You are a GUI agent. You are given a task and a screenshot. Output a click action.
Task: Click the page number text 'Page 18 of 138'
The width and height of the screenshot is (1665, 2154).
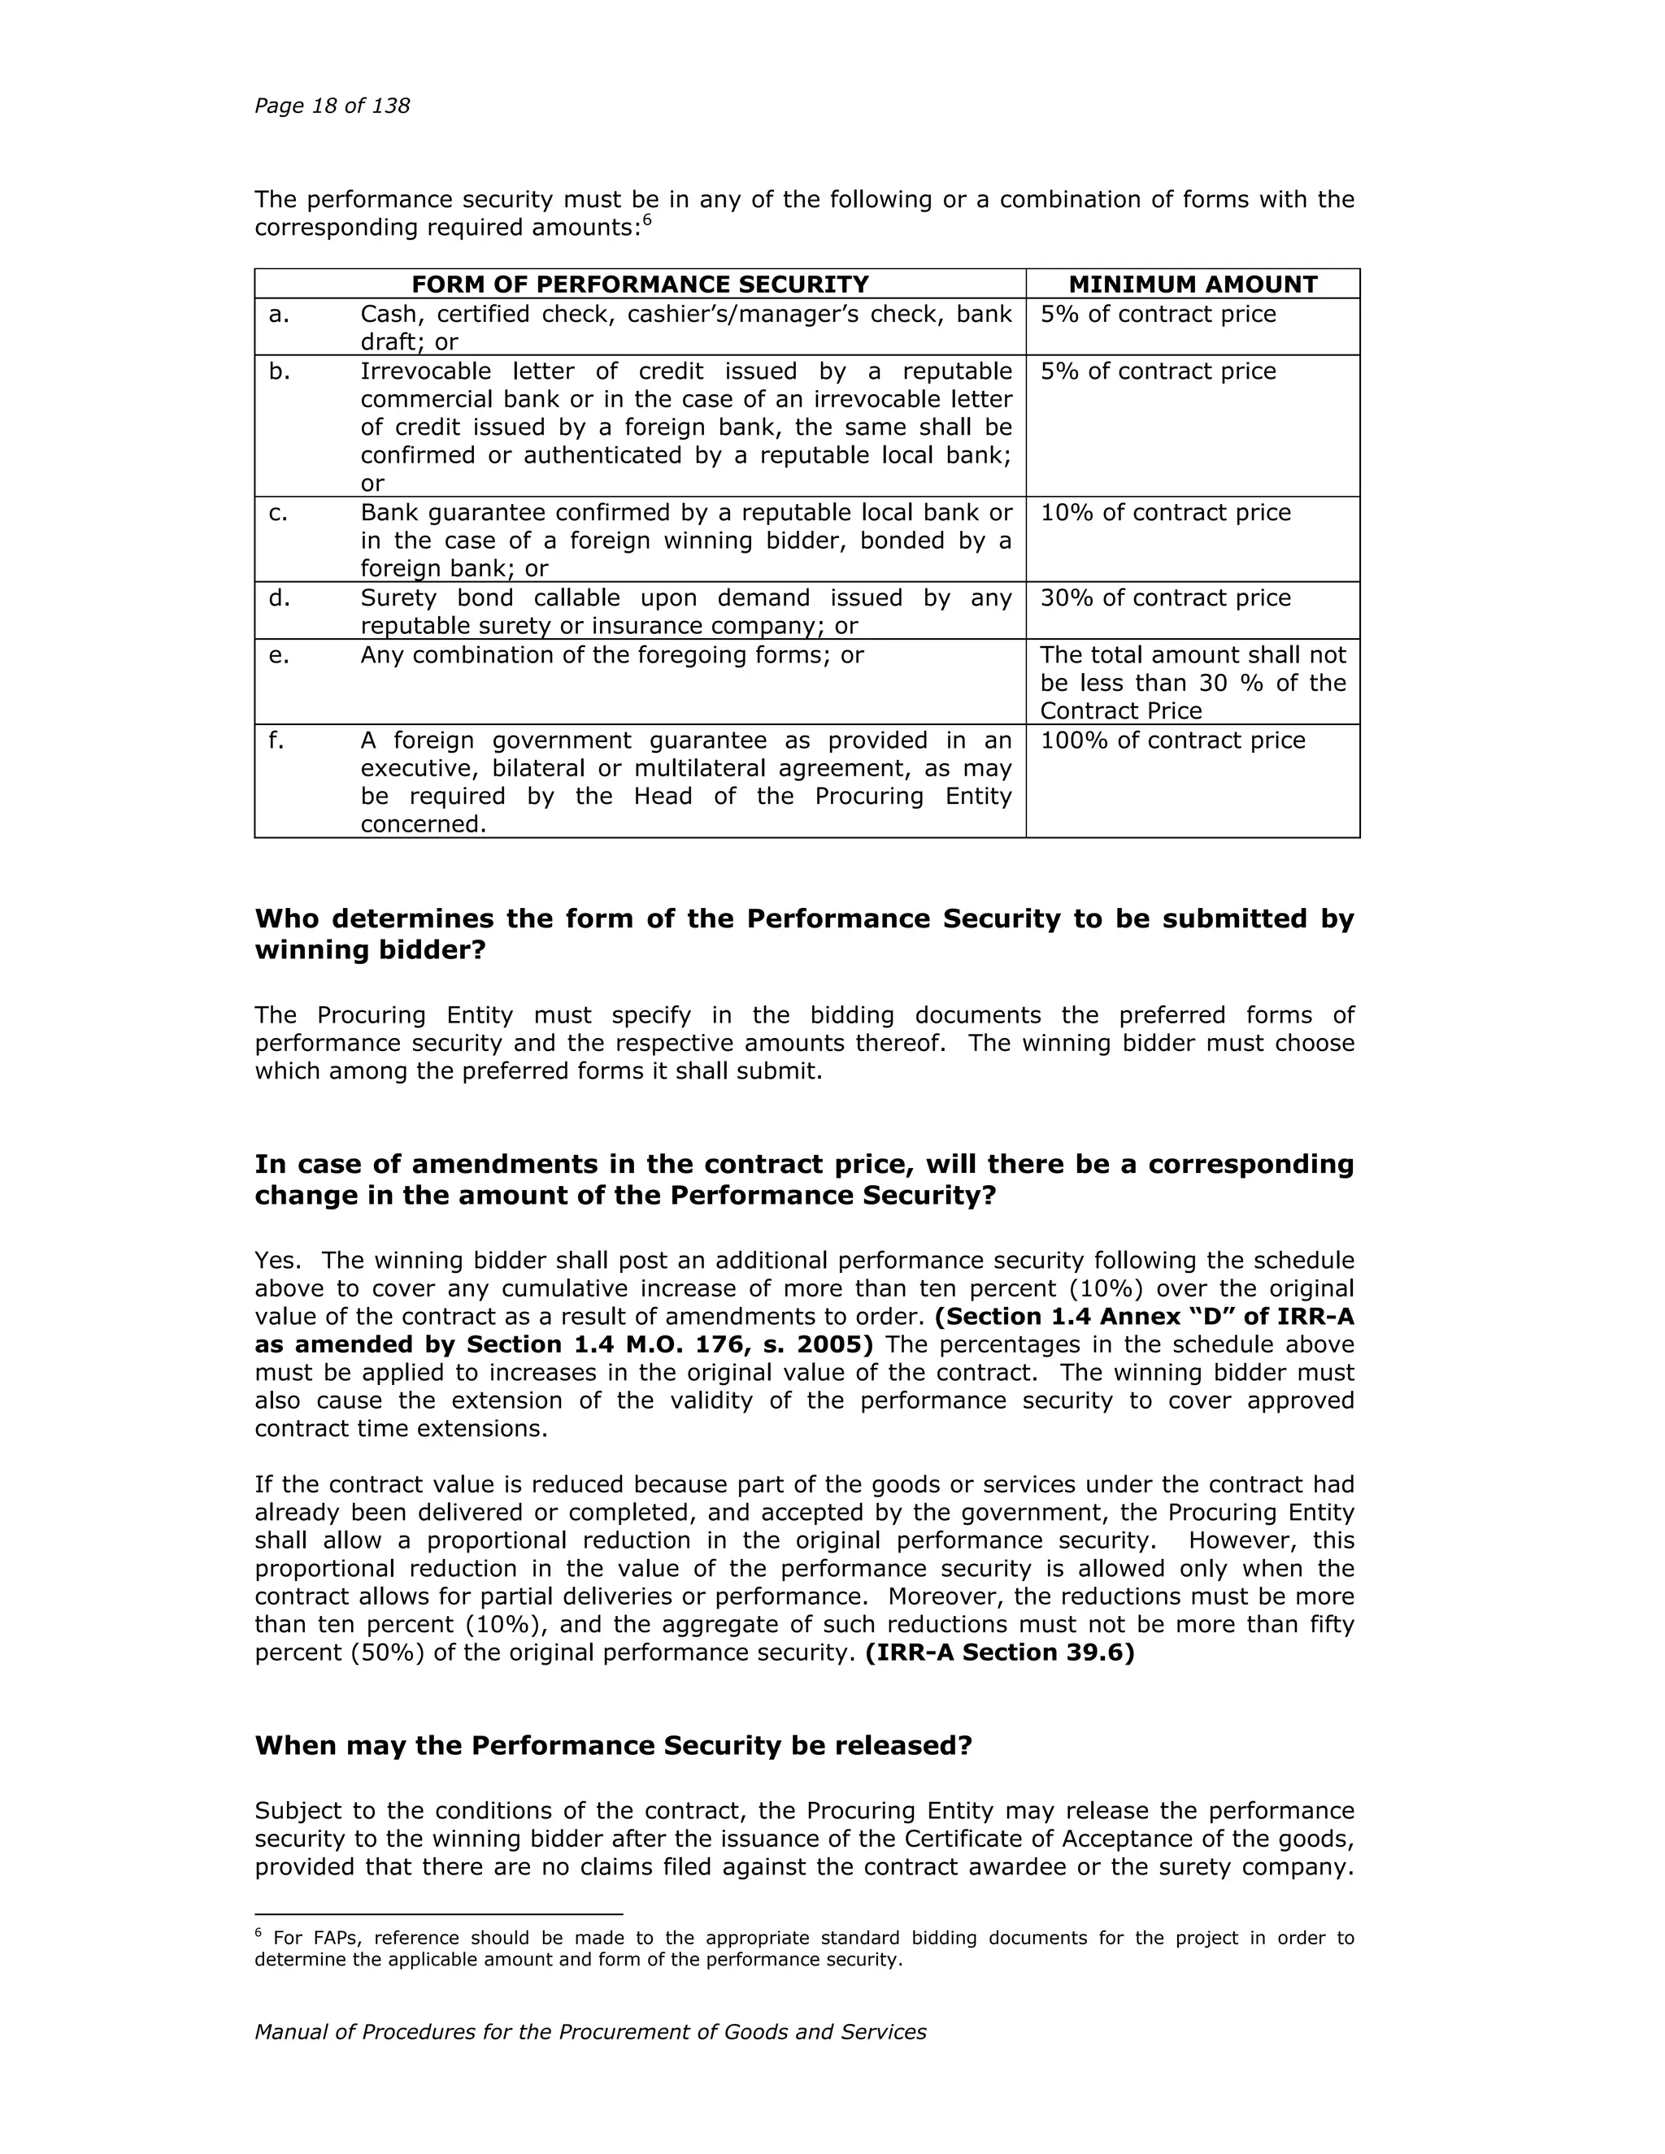point(332,106)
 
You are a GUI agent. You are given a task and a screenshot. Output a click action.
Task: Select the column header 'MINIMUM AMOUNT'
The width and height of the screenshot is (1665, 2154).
point(1193,285)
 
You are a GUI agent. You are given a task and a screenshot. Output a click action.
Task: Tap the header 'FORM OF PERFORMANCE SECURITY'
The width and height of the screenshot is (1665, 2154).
point(640,285)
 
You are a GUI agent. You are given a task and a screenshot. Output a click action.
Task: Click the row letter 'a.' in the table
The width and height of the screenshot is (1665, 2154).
point(279,315)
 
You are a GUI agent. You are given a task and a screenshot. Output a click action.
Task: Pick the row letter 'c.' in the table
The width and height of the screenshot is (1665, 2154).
point(279,513)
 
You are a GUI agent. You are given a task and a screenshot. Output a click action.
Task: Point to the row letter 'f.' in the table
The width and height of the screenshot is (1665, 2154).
point(276,740)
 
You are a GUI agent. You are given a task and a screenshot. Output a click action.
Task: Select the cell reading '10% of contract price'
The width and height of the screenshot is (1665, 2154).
point(1165,513)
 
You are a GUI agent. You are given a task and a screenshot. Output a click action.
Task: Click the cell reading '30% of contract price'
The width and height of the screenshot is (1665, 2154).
point(1165,599)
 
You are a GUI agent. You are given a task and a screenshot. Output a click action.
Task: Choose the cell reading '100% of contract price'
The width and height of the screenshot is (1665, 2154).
point(1172,740)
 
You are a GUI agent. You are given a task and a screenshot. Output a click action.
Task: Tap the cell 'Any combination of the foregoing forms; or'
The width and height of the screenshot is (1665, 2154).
point(611,656)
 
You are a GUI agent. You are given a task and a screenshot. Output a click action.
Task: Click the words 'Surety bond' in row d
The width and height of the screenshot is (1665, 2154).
point(435,599)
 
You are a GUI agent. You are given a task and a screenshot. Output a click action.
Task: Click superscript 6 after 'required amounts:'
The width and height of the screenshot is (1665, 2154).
point(647,220)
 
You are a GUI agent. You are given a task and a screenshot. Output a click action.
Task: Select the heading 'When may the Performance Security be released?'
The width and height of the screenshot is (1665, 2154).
point(614,1747)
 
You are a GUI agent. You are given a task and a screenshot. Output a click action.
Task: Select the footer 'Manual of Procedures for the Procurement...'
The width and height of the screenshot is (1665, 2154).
point(590,2033)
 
